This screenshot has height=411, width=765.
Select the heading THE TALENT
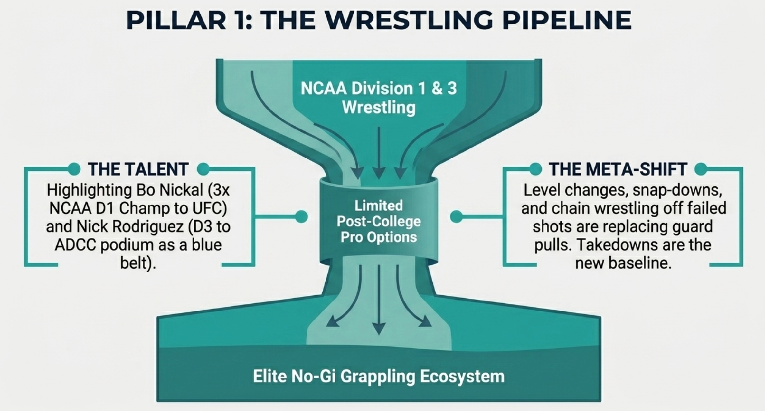pyautogui.click(x=138, y=169)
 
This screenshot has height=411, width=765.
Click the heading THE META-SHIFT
pyautogui.click(x=618, y=169)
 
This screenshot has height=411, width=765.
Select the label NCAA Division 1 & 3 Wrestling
pyautogui.click(x=379, y=98)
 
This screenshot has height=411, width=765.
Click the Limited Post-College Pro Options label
pyautogui.click(x=379, y=221)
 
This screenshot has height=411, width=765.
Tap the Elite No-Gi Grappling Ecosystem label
pyautogui.click(x=379, y=376)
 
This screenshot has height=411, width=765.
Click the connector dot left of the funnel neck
pyautogui.click(x=301, y=216)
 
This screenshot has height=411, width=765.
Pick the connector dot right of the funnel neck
pyautogui.click(x=456, y=216)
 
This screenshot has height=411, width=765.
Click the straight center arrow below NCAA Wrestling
pyautogui.click(x=379, y=153)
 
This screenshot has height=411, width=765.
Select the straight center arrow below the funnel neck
pyautogui.click(x=379, y=300)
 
